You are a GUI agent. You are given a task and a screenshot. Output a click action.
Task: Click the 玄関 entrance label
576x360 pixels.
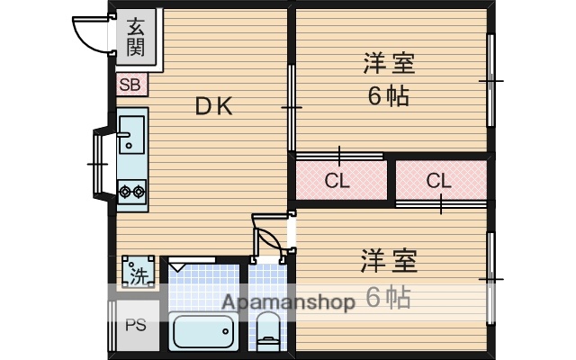135,37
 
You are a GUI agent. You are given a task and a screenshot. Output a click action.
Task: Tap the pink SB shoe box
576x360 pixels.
130,86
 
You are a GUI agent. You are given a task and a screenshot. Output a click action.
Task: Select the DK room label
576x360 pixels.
215,106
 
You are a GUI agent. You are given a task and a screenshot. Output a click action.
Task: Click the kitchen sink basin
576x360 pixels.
131,132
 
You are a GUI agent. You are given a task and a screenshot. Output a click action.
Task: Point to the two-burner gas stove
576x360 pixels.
131,191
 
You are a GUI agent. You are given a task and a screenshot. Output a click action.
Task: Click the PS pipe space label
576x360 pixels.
135,326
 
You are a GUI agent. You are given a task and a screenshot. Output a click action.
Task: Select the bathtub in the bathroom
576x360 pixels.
202,334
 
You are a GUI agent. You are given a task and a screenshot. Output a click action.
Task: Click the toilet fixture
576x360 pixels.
268,335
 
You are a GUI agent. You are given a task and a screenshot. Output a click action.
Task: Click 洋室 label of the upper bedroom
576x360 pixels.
389,65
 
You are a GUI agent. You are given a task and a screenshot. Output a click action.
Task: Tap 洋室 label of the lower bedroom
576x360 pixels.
389,262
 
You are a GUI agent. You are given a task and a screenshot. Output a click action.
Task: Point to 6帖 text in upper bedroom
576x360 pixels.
389,95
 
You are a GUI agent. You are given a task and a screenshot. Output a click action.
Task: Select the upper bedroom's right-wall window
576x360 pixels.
490,81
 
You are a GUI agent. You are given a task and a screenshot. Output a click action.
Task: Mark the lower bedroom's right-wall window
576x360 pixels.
490,279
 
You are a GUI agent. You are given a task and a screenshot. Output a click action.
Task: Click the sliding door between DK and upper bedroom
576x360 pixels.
291,108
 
